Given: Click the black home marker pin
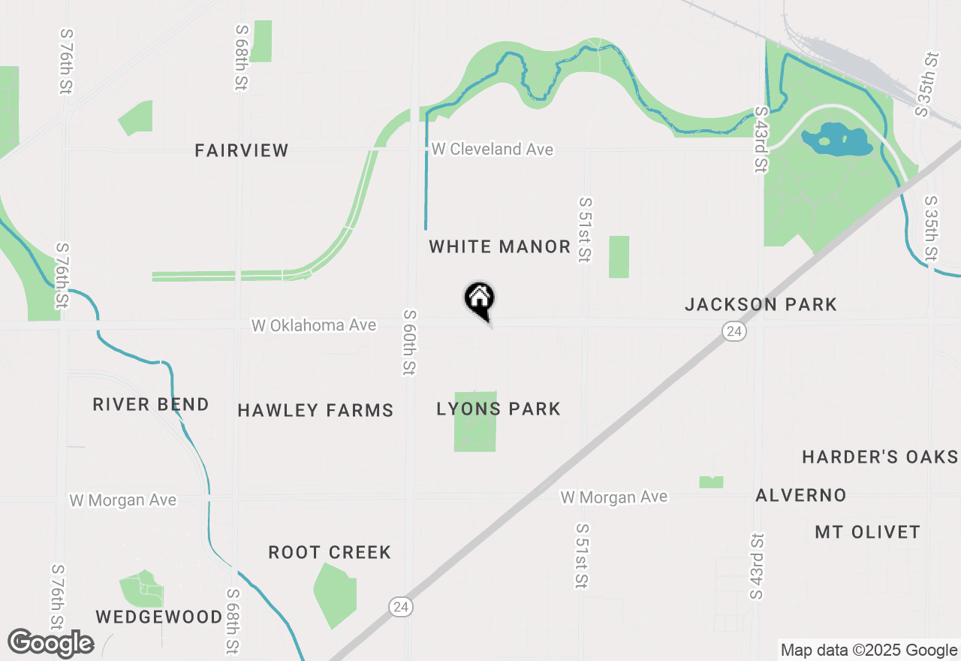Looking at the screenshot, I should click(479, 299).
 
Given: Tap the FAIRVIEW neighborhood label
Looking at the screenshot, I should click(242, 150).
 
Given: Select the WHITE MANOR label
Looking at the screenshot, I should click(500, 246).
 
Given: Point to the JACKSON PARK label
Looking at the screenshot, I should click(761, 304).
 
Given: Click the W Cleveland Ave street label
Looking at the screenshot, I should click(492, 149).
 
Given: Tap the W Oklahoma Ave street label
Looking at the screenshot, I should click(314, 325).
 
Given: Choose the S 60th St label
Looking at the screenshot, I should click(409, 342).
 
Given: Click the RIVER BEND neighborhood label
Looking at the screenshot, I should click(151, 404).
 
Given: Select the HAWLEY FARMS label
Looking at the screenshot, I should click(315, 410).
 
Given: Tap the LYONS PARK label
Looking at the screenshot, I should click(499, 409).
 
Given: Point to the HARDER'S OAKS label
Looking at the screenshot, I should click(880, 457).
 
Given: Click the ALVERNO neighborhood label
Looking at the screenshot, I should click(801, 495).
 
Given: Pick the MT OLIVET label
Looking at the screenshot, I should click(867, 532).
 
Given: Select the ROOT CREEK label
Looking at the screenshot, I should click(330, 552).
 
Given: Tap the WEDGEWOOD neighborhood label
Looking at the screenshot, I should click(159, 617).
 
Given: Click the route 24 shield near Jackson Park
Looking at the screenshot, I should click(734, 331).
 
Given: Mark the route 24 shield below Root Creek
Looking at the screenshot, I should click(401, 605).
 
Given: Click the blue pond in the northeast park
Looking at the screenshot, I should click(836, 139).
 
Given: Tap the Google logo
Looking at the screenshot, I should click(50, 643).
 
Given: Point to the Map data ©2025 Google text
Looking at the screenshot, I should click(869, 650).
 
